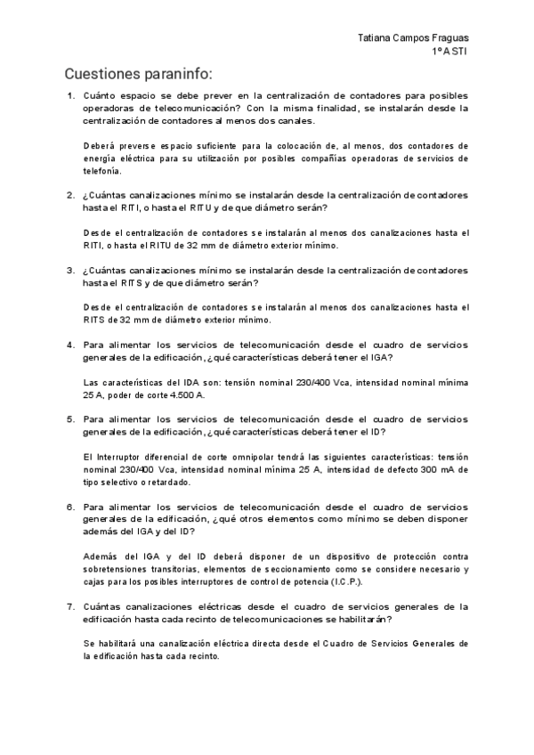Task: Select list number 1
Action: [70, 95]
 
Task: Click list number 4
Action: [70, 345]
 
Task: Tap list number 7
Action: [70, 606]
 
